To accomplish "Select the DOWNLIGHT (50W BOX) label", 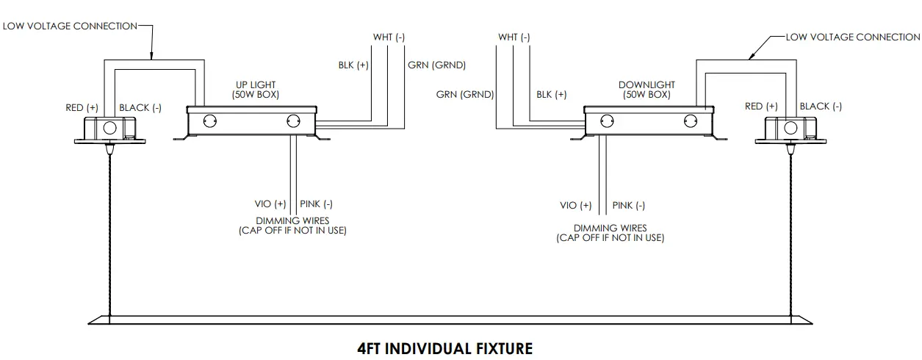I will tap(647, 90).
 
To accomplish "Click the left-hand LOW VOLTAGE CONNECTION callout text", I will tap(70, 26).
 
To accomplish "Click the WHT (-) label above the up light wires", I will tap(389, 37).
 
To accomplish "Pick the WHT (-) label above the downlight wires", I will tap(514, 37).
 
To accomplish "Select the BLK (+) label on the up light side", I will tap(353, 65).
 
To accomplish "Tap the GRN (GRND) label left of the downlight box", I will tap(464, 94).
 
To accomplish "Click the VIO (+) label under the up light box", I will tap(270, 204).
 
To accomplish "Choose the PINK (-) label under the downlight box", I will tap(629, 206).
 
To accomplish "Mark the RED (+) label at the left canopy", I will tap(82, 108).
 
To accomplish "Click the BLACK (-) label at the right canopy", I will tap(821, 107).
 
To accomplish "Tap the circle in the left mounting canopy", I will tap(109, 128).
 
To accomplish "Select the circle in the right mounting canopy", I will tap(790, 128).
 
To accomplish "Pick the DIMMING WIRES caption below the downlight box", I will tap(610, 228).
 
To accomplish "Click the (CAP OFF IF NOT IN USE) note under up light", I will tap(292, 231).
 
